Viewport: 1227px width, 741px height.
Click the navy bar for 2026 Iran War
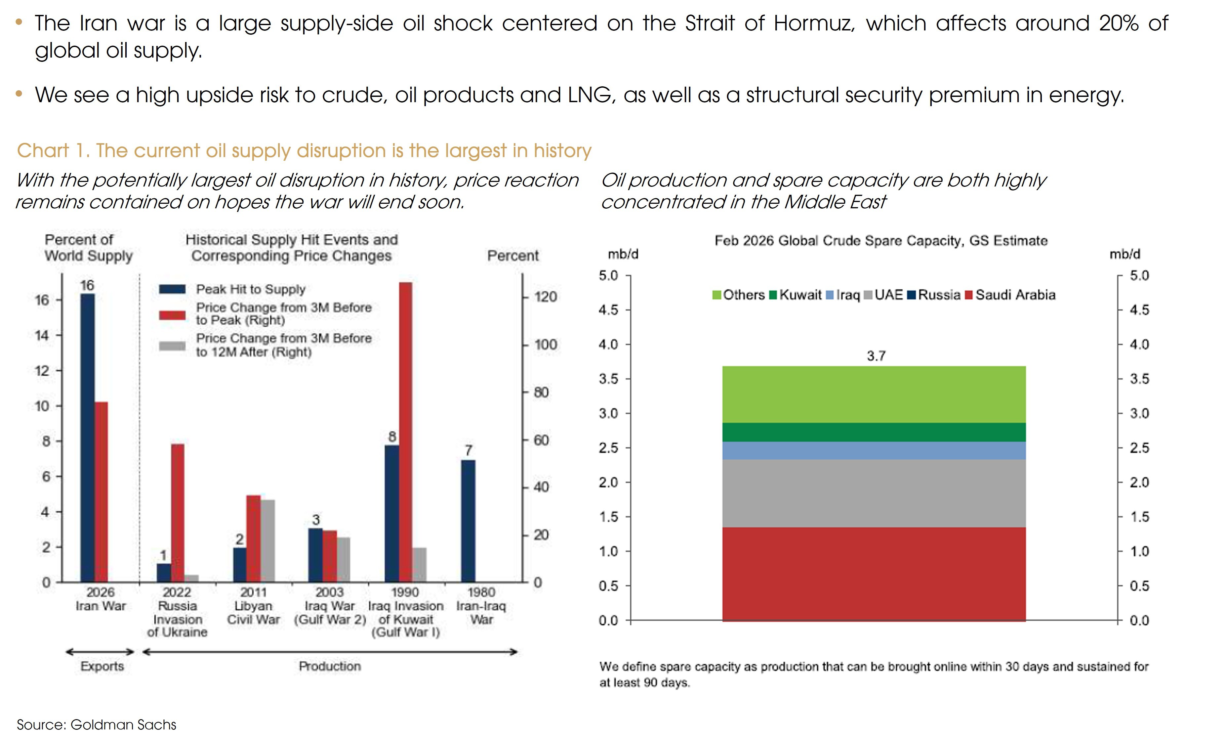coord(88,438)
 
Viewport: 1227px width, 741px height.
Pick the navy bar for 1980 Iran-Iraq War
coord(468,521)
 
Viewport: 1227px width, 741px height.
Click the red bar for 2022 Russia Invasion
coord(178,513)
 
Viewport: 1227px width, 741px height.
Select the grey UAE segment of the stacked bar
coord(874,493)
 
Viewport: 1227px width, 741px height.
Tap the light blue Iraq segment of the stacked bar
coord(874,450)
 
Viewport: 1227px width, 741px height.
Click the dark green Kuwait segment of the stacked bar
coord(874,432)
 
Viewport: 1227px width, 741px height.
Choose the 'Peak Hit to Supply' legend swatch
coord(172,289)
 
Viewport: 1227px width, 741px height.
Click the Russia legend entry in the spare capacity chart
coord(934,295)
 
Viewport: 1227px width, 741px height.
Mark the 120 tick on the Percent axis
coord(545,297)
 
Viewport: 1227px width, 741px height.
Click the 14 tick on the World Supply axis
coord(42,335)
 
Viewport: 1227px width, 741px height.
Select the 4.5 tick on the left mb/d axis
coord(608,310)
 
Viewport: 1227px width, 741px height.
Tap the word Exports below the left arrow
coord(102,666)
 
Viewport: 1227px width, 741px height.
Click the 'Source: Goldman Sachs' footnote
coord(97,724)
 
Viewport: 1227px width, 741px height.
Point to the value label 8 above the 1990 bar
coord(392,437)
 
